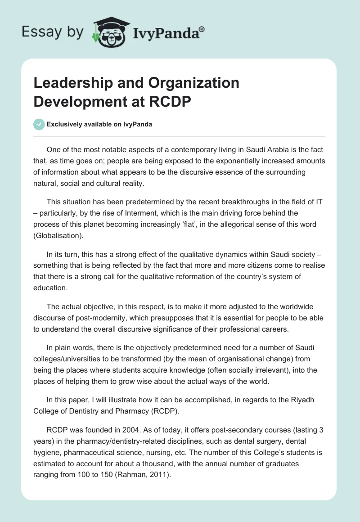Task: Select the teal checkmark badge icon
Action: (39, 125)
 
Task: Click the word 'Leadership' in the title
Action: (72, 83)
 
